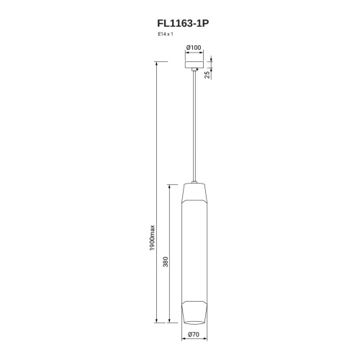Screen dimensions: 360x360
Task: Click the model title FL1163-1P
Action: [183, 24]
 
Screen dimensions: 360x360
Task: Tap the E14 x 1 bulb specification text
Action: [166, 34]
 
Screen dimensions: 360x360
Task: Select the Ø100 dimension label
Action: [194, 48]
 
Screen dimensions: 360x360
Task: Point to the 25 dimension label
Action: [207, 74]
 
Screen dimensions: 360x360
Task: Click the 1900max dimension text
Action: [153, 238]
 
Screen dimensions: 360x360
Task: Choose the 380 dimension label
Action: [166, 261]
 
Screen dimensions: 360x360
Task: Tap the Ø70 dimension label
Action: [194, 334]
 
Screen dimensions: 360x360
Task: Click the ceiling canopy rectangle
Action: [194, 65]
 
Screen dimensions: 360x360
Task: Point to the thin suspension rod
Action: [194, 126]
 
